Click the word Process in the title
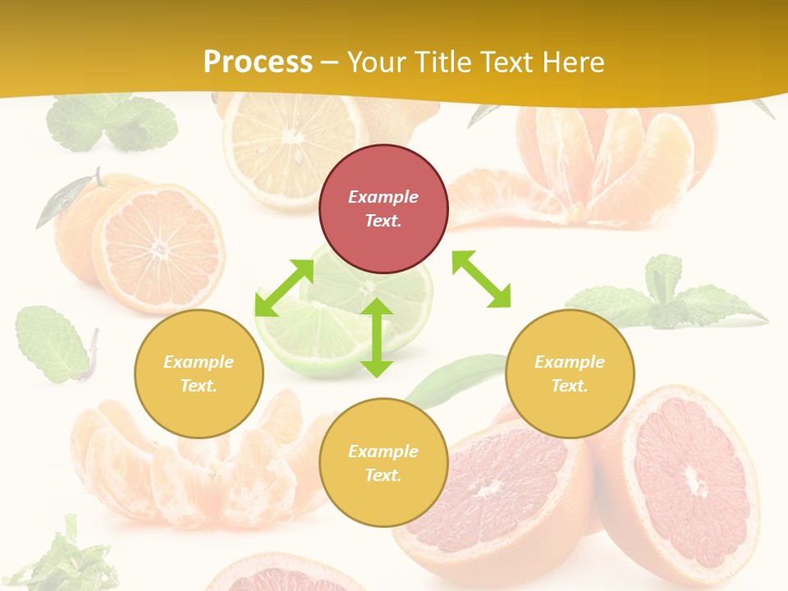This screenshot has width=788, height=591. pyautogui.click(x=258, y=62)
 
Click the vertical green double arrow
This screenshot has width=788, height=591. pyautogui.click(x=377, y=337)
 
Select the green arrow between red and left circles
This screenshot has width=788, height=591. pyautogui.click(x=284, y=287)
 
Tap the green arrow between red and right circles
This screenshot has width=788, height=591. pyautogui.click(x=481, y=279)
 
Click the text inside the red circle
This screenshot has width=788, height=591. pyautogui.click(x=383, y=208)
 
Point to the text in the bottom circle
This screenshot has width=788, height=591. pyautogui.click(x=383, y=463)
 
